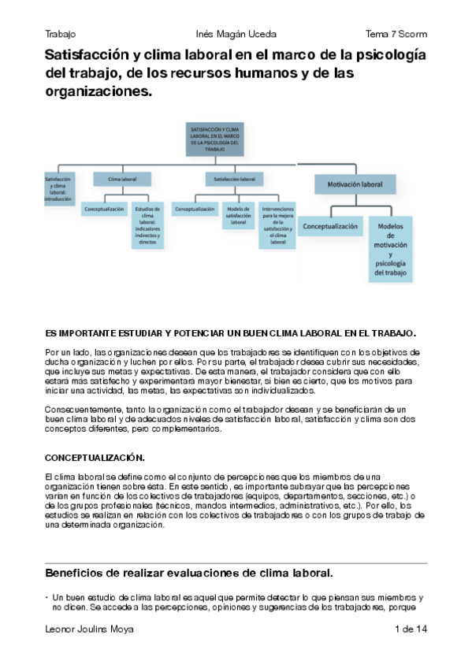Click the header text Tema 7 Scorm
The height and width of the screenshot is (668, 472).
[x=396, y=34]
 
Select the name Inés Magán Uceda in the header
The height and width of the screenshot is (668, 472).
[x=236, y=34]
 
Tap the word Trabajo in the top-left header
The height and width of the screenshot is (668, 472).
[x=61, y=34]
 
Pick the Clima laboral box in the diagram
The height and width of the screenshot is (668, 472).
[x=117, y=180]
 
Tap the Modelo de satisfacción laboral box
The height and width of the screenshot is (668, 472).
[x=238, y=214]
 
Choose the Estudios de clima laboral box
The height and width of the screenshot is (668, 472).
[x=147, y=226]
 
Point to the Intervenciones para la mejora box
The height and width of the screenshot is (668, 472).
[x=277, y=226]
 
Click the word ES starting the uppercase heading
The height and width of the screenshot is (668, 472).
[x=51, y=333]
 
